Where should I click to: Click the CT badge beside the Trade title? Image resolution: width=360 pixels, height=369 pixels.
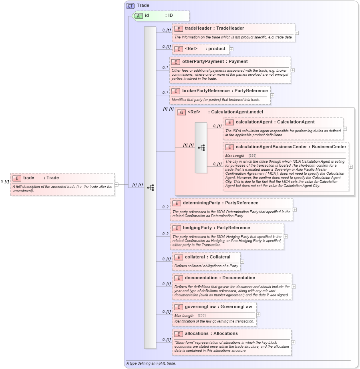[x=130, y=6]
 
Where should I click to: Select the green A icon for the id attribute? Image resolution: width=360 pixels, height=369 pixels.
[x=138, y=16]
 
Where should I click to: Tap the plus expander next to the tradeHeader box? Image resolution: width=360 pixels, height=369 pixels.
[x=297, y=33]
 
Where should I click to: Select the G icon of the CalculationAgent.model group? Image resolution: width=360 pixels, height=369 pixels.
[x=181, y=112]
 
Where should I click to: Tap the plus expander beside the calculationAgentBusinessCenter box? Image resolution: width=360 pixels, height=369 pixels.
[x=351, y=167]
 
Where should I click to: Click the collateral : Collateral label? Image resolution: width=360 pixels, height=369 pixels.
[x=207, y=257]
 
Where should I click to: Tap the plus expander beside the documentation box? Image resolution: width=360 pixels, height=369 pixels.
[x=294, y=286]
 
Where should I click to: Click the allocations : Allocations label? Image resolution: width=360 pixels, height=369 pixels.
[x=211, y=334]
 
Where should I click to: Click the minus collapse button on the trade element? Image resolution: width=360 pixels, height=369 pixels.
[x=116, y=185]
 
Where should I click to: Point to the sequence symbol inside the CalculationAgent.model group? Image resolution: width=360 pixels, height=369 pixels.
[x=201, y=147]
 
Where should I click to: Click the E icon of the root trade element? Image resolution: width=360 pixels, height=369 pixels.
[x=16, y=178]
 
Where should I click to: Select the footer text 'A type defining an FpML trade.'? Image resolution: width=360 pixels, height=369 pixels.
[x=151, y=363]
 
